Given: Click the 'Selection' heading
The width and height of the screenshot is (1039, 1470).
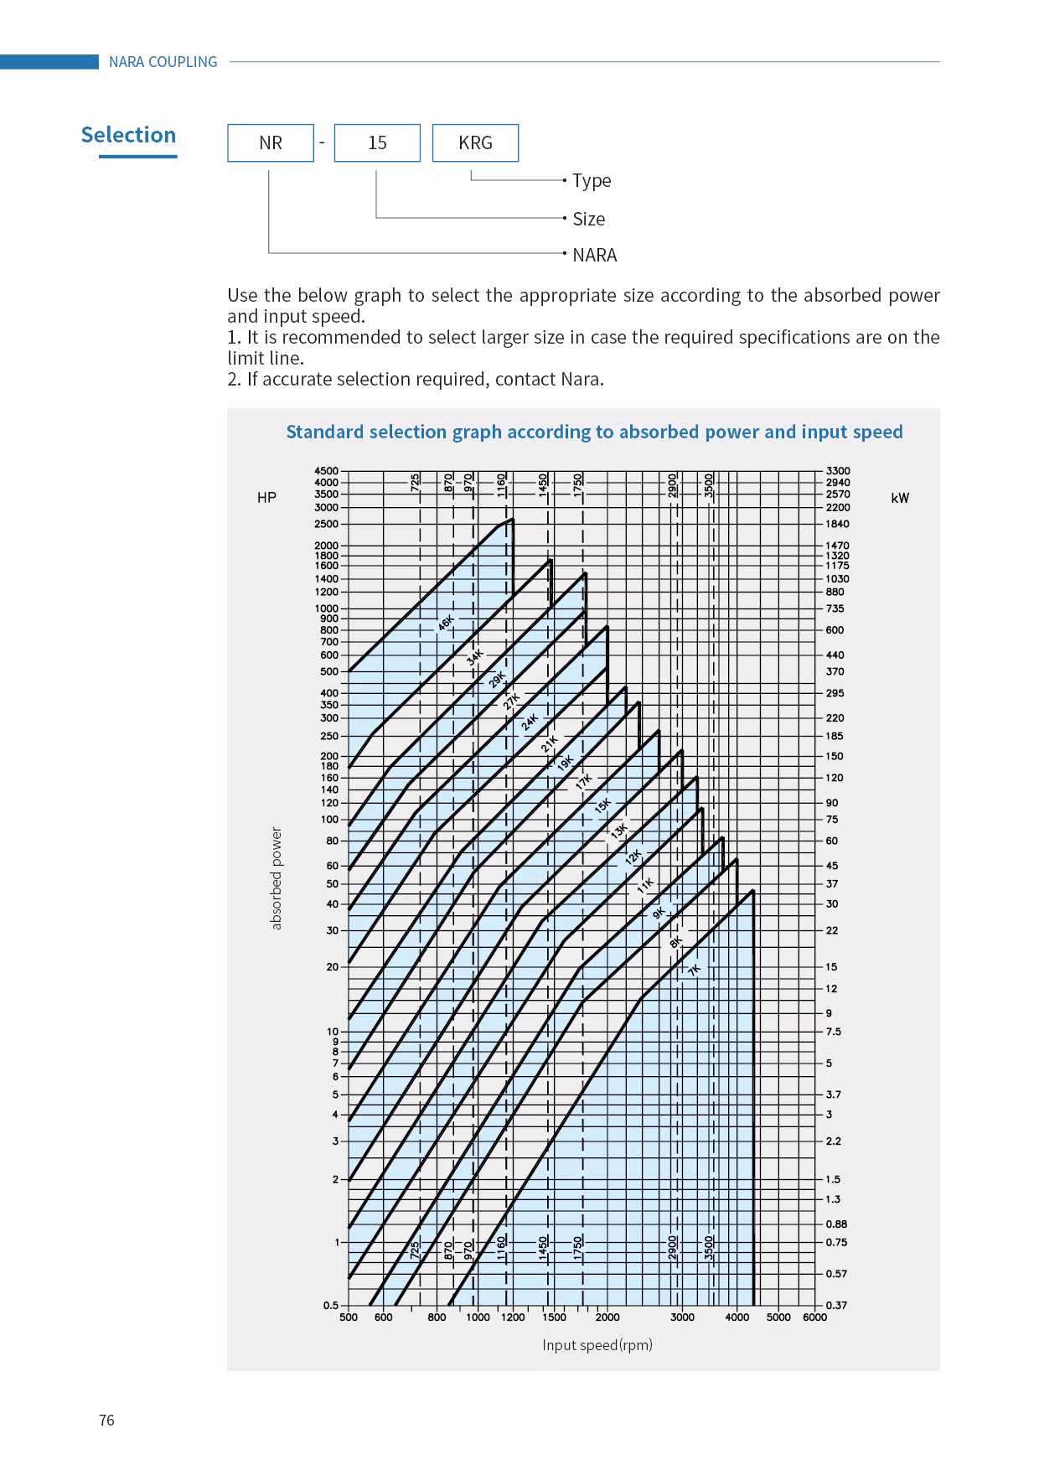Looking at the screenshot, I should click(128, 135).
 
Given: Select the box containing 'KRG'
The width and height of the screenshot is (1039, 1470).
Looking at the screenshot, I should click(475, 142).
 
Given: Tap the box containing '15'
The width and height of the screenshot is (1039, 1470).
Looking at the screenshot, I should click(377, 142).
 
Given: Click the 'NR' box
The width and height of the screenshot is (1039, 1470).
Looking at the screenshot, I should click(271, 142).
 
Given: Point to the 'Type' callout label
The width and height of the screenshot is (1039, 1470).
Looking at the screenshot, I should click(592, 180).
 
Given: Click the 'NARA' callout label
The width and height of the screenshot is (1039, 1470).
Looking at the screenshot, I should click(594, 255).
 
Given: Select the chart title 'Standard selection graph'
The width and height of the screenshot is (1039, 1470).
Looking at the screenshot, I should click(594, 432).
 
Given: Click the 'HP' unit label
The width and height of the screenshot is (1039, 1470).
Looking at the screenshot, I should click(266, 498).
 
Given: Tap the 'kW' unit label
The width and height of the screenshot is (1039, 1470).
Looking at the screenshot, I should click(900, 498).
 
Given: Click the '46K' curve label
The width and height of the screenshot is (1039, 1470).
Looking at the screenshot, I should click(446, 623).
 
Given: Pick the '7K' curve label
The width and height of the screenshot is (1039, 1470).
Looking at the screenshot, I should click(694, 970).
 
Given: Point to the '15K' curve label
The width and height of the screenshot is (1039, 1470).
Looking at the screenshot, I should click(602, 806).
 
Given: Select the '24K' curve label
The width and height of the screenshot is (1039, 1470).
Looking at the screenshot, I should click(530, 722).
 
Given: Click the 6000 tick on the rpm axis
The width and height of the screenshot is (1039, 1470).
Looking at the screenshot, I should click(814, 1317).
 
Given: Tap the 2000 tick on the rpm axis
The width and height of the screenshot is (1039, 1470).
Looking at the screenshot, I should click(607, 1317).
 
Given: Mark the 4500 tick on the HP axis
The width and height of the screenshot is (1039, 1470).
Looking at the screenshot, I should click(327, 471).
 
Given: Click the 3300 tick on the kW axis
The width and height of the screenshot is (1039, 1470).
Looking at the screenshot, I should click(837, 471).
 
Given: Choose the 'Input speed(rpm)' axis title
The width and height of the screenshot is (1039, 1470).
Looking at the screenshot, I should click(597, 1345).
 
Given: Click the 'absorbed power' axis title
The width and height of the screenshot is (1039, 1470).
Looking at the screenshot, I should click(277, 878).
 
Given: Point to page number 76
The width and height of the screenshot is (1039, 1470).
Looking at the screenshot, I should click(106, 1420).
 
